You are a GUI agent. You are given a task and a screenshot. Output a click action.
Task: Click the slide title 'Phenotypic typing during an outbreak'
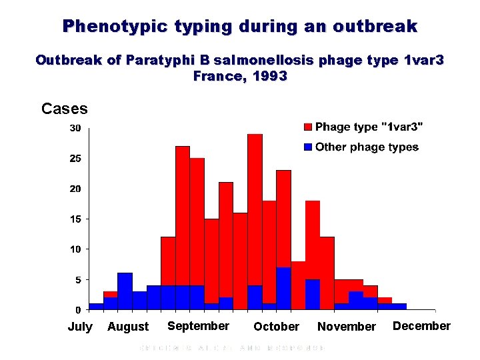tap(240, 27)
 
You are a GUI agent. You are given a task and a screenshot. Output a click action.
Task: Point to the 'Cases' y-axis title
tap(64, 109)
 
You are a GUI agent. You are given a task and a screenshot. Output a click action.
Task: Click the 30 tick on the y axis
tap(76, 128)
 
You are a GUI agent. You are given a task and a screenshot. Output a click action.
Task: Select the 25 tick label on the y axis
tap(76, 159)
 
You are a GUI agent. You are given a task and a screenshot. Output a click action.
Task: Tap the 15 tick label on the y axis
tap(76, 219)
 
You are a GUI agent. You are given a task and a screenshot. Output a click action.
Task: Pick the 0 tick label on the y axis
tap(79, 310)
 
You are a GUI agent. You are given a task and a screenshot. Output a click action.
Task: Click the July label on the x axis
tap(80, 327)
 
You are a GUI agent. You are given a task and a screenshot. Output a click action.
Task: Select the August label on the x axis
tap(128, 327)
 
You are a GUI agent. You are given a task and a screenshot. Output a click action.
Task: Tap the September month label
tap(198, 326)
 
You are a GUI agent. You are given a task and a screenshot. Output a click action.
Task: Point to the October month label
tap(276, 327)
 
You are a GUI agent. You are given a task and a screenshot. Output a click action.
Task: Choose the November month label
tap(347, 327)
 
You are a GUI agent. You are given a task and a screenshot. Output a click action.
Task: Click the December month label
tap(421, 326)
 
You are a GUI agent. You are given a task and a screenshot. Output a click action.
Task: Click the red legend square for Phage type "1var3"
tap(307, 127)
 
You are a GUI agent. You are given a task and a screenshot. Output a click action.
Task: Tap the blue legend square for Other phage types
tap(307, 147)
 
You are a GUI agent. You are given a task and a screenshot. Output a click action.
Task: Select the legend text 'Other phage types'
tap(367, 147)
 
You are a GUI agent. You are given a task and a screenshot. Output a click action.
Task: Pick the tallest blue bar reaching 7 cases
tap(283, 288)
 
